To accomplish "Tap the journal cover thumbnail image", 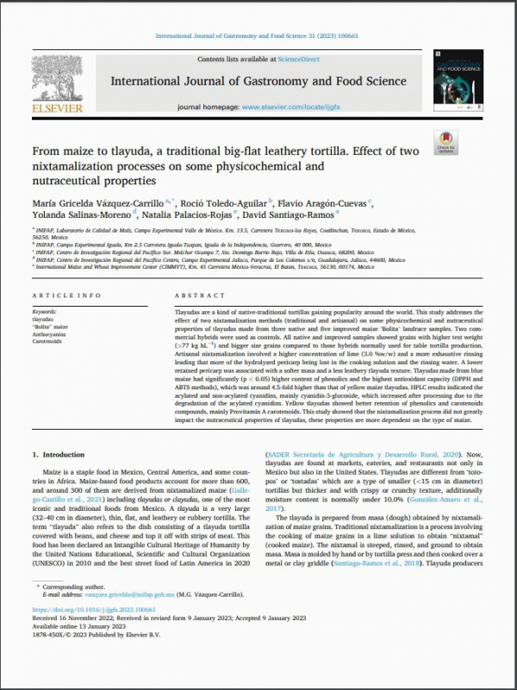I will click(x=458, y=82).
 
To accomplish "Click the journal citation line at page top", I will click(x=258, y=35).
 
